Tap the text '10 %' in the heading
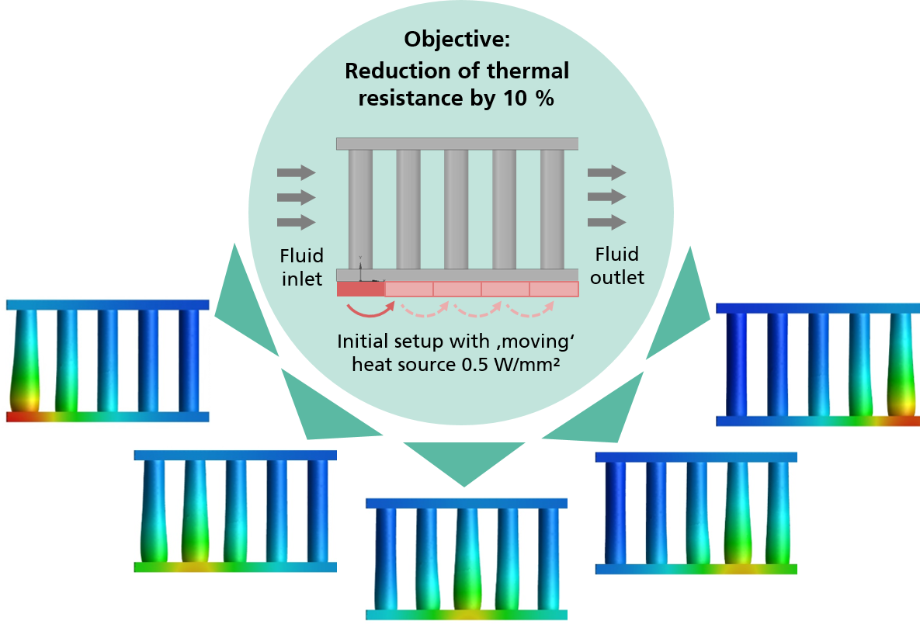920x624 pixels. (x=528, y=98)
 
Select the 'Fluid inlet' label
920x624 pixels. (x=301, y=267)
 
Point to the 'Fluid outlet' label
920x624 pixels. (x=616, y=265)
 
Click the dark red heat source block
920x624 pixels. (x=361, y=289)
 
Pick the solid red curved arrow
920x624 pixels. (x=370, y=309)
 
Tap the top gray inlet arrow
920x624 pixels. (x=297, y=172)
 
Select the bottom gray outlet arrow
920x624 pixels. (x=606, y=222)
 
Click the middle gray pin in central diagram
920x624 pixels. (x=456, y=210)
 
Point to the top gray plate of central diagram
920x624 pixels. (x=457, y=144)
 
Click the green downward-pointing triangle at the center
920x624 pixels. (x=464, y=460)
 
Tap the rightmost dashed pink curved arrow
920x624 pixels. (x=530, y=309)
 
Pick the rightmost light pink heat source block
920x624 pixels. (x=554, y=289)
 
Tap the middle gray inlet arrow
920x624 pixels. (x=297, y=197)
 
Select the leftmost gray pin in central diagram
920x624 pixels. (x=360, y=210)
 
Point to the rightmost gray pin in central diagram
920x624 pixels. (x=552, y=210)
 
